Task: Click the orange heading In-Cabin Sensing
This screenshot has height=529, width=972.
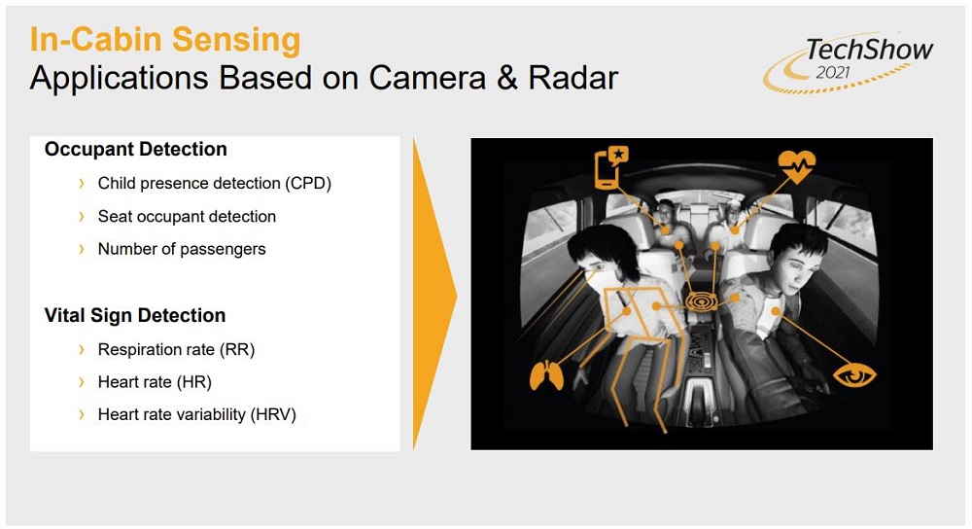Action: pyautogui.click(x=165, y=39)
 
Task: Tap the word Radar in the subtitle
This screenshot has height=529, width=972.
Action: pyautogui.click(x=573, y=78)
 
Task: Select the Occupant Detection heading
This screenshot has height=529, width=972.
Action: pyautogui.click(x=136, y=150)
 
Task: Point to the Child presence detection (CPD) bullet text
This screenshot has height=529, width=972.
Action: pyautogui.click(x=215, y=184)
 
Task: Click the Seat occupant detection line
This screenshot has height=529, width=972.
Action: pyautogui.click(x=187, y=217)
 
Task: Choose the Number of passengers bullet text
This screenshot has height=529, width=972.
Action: pyautogui.click(x=182, y=249)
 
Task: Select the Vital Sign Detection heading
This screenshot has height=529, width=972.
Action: pyautogui.click(x=135, y=316)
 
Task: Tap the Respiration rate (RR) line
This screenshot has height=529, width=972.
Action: pyautogui.click(x=176, y=350)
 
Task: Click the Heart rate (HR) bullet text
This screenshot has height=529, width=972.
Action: pyautogui.click(x=155, y=382)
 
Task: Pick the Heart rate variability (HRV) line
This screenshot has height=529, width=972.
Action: pyautogui.click(x=197, y=414)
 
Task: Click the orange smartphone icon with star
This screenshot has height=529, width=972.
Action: pyautogui.click(x=611, y=167)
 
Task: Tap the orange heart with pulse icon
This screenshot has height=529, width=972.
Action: pyautogui.click(x=797, y=165)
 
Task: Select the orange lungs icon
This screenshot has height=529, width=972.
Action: pyautogui.click(x=546, y=375)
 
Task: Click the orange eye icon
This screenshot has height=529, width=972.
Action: pyautogui.click(x=854, y=374)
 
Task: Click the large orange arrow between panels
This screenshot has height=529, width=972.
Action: pyautogui.click(x=434, y=294)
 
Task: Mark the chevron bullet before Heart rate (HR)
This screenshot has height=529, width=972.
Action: pyautogui.click(x=82, y=382)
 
